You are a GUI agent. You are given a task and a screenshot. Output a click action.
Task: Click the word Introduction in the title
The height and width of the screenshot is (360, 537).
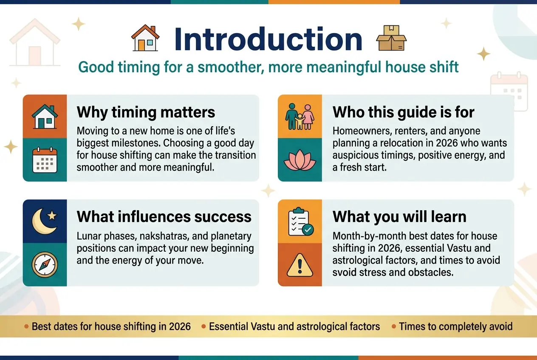click(x=268, y=39)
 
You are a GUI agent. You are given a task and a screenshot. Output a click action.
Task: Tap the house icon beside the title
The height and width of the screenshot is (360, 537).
click(x=145, y=38)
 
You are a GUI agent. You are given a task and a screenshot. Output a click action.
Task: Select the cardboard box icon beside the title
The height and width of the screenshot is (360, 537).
click(x=391, y=38)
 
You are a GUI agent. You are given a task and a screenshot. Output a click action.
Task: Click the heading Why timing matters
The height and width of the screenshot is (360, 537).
click(x=146, y=112)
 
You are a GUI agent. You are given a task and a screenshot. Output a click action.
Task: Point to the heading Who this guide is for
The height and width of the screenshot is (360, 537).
click(x=404, y=112)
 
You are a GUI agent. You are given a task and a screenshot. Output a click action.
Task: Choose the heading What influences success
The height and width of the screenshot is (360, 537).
click(x=164, y=217)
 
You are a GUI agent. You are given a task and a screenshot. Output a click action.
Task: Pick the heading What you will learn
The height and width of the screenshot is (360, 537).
click(x=399, y=217)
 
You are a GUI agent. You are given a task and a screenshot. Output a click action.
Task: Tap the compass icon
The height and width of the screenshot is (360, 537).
click(x=45, y=264)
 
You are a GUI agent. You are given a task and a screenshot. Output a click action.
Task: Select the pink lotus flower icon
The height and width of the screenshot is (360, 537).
click(x=300, y=160)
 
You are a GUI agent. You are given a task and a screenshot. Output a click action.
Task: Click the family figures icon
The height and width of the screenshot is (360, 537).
click(x=300, y=117)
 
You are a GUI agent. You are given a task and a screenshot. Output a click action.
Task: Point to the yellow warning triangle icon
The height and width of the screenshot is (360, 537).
click(x=300, y=265)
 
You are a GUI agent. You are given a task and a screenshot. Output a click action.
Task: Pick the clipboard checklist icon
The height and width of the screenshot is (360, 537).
click(x=301, y=222)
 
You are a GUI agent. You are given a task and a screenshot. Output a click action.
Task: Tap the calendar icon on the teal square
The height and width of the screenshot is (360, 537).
click(x=45, y=160)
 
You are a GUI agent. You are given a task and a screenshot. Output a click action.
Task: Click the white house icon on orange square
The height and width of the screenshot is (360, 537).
click(x=45, y=117)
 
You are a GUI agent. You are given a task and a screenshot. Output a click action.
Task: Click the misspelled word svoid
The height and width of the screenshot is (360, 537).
click(x=344, y=273)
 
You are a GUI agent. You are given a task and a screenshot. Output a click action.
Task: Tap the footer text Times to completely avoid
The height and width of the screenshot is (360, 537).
click(x=456, y=326)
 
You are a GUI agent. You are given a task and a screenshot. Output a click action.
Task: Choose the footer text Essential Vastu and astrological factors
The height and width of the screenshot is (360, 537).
click(x=294, y=326)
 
